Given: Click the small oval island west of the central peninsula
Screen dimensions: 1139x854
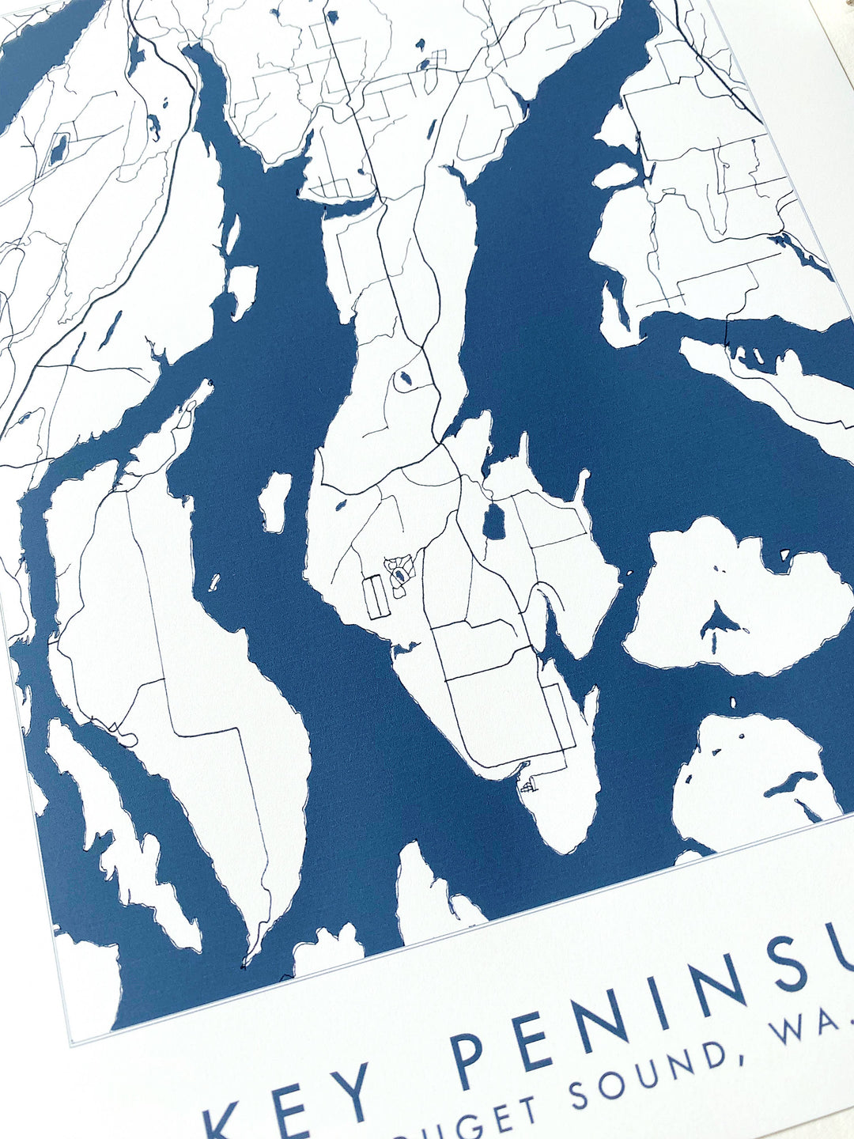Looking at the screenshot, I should click(x=275, y=501).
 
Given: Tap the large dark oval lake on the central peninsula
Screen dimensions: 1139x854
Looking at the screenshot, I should click(x=495, y=523).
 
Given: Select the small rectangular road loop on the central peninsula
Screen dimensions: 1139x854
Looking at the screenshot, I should click(x=376, y=597).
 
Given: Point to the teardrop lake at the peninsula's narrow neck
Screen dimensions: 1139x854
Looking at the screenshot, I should click(x=404, y=380).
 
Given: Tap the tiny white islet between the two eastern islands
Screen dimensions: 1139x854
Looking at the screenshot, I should click(x=733, y=702).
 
